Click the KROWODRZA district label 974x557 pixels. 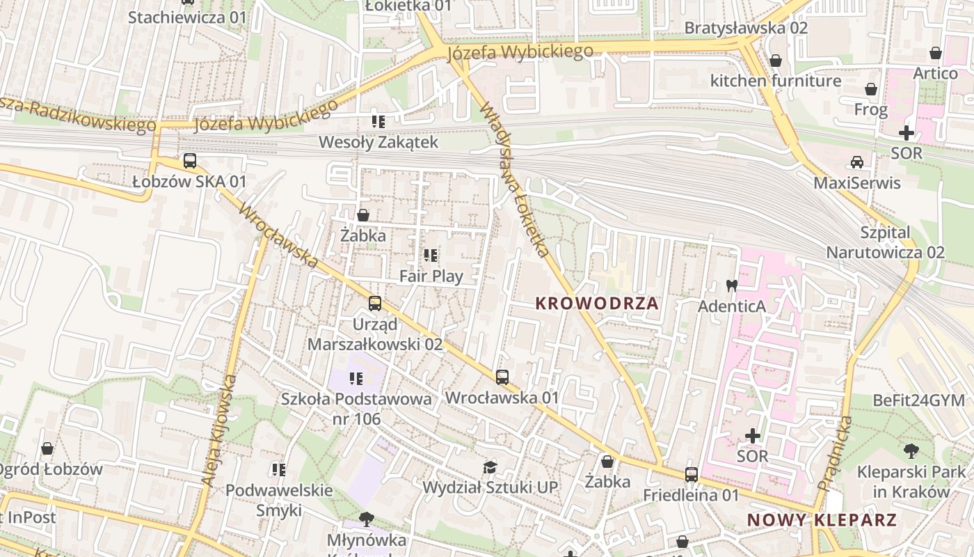(597, 304)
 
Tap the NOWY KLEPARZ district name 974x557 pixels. (822, 520)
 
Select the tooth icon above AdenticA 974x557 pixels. (731, 285)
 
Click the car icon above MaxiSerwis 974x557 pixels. (857, 162)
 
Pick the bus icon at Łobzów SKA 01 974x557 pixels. (189, 161)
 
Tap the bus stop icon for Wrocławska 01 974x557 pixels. (502, 377)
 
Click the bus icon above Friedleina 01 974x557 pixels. (691, 475)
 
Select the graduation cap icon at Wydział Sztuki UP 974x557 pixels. (490, 467)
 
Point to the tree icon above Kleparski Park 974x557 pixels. (911, 451)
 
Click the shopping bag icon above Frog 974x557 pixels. (870, 89)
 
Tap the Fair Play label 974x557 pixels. (431, 276)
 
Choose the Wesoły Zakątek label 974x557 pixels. (378, 142)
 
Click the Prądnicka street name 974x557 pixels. (836, 453)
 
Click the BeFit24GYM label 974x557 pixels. (918, 400)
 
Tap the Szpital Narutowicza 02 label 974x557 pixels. (885, 242)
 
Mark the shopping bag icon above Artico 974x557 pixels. (936, 53)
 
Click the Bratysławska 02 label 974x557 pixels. (746, 28)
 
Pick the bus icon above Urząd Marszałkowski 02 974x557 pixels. (375, 304)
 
